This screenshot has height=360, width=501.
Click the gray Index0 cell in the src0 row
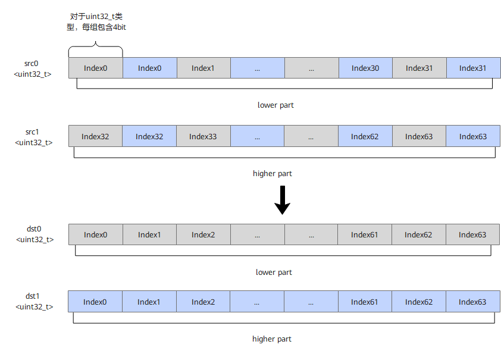(96, 68)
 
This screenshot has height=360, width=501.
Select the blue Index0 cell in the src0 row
(149, 68)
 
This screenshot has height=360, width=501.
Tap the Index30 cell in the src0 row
(365, 68)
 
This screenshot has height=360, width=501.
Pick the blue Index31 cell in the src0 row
(473, 68)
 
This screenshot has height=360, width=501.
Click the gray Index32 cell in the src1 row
(95, 136)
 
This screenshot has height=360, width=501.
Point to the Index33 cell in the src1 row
(203, 136)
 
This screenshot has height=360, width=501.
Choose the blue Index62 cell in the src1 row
(365, 136)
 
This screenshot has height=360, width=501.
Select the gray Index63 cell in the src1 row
(419, 136)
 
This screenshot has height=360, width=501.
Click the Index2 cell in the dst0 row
(203, 234)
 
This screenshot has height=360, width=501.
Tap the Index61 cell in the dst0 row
(365, 234)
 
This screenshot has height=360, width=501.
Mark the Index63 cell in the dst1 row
(473, 302)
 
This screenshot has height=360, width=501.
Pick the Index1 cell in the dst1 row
(149, 302)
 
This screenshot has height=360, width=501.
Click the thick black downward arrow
(283, 201)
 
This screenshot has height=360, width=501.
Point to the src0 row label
(32, 68)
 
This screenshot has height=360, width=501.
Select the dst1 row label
(34, 301)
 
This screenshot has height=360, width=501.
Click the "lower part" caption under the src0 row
(275, 105)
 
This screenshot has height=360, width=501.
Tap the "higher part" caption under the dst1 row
(271, 339)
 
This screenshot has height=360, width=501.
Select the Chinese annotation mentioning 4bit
(96, 22)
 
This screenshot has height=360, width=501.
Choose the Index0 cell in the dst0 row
(96, 234)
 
